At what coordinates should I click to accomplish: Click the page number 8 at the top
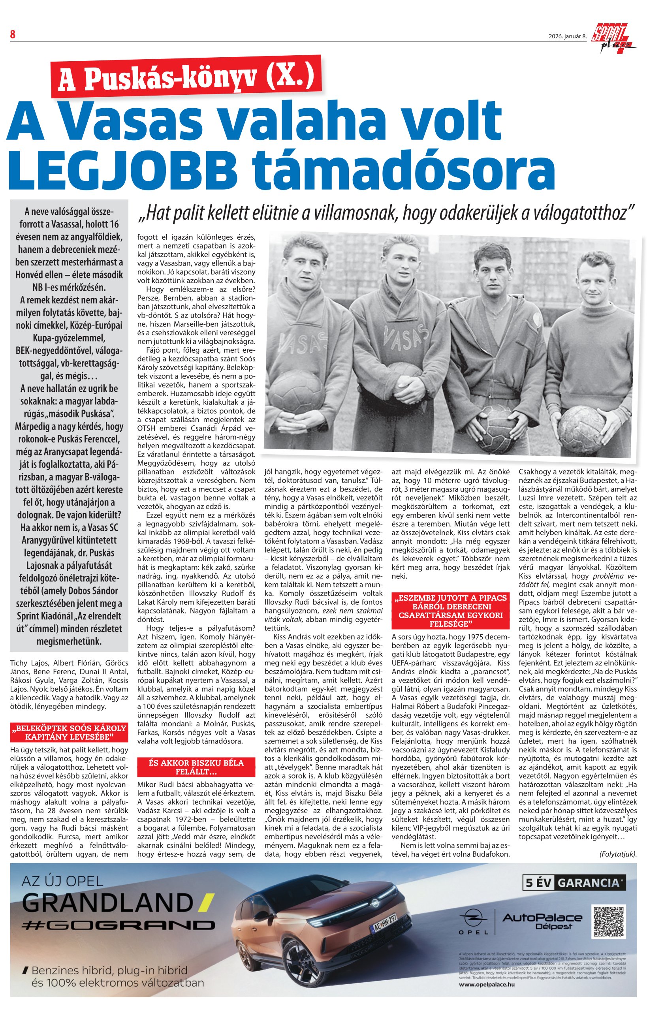pos(13,35)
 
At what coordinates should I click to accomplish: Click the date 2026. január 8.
pos(567,36)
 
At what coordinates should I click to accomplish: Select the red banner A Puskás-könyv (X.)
pos(186,76)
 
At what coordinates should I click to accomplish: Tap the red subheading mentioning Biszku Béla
pos(196,766)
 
